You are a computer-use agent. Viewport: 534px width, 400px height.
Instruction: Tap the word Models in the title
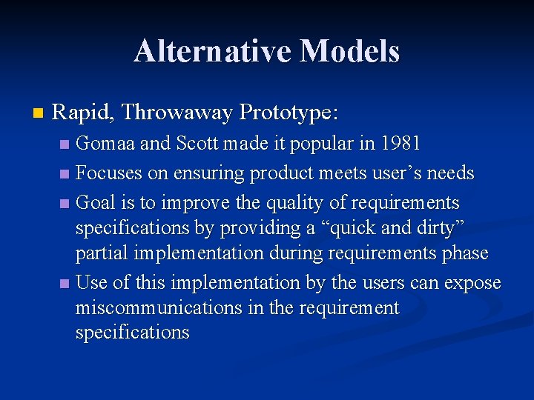point(349,51)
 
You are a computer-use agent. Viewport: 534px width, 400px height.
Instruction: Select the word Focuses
point(109,173)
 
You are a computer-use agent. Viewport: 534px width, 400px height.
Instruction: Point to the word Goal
point(96,203)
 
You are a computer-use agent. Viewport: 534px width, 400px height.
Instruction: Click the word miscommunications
point(158,307)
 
